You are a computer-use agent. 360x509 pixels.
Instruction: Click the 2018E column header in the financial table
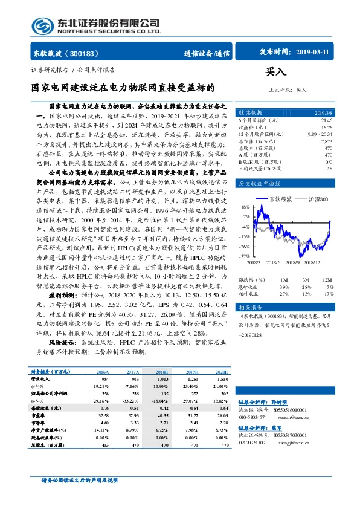point(162,372)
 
